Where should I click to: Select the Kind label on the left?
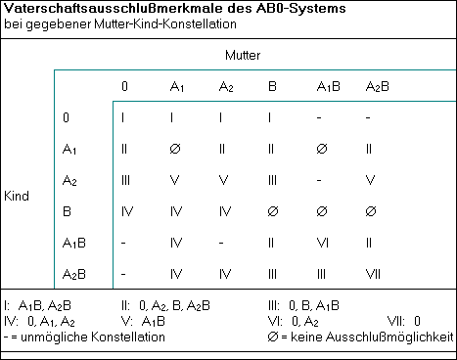pos(17,196)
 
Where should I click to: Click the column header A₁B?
pos(328,87)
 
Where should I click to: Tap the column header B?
pos(273,87)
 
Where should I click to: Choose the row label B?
pos(66,210)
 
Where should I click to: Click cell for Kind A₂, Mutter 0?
pos(124,180)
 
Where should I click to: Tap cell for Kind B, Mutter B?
pos(273,210)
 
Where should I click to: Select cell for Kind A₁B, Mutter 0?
pos(124,242)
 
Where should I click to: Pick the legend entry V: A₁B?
pos(143,320)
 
